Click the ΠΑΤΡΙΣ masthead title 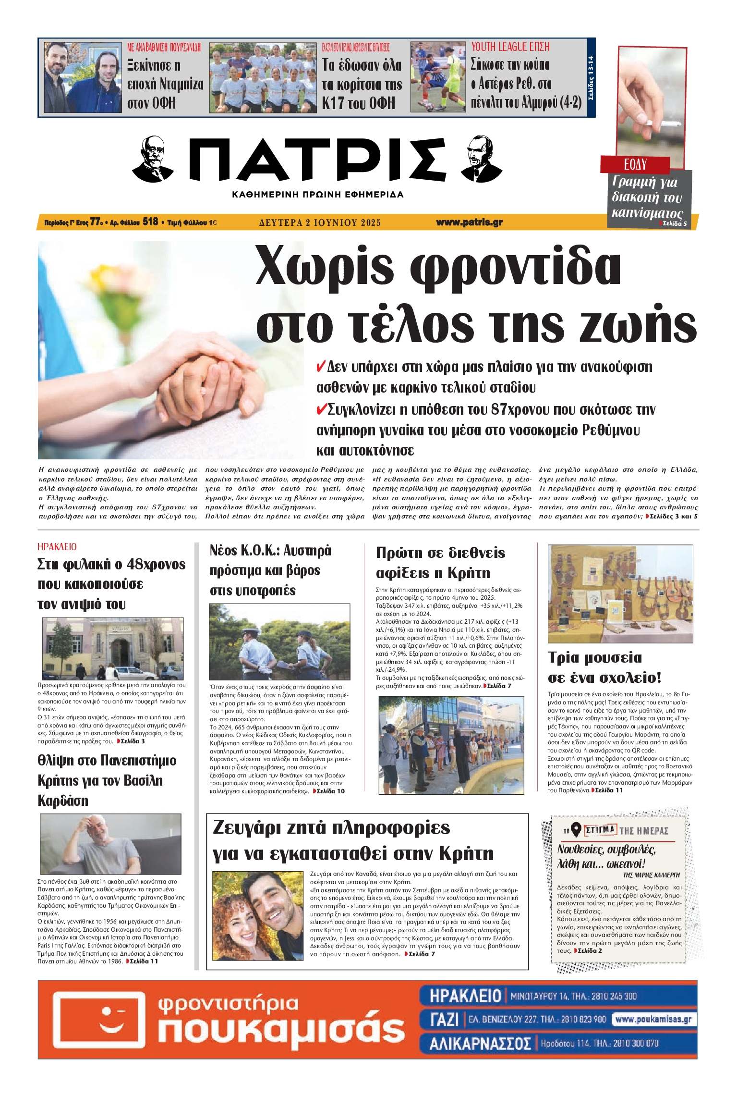click(317, 159)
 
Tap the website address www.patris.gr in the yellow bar click(469, 222)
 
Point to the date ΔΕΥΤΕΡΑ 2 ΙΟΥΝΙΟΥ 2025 click(320, 222)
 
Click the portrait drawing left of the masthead click(153, 159)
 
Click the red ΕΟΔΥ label click(635, 165)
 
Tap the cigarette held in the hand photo click(665, 124)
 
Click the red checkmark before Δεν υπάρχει click(321, 367)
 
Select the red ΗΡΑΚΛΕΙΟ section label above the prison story click(57, 547)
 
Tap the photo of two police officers click(279, 641)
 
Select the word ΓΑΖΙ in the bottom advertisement click(444, 1019)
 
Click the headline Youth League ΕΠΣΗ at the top click(510, 47)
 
